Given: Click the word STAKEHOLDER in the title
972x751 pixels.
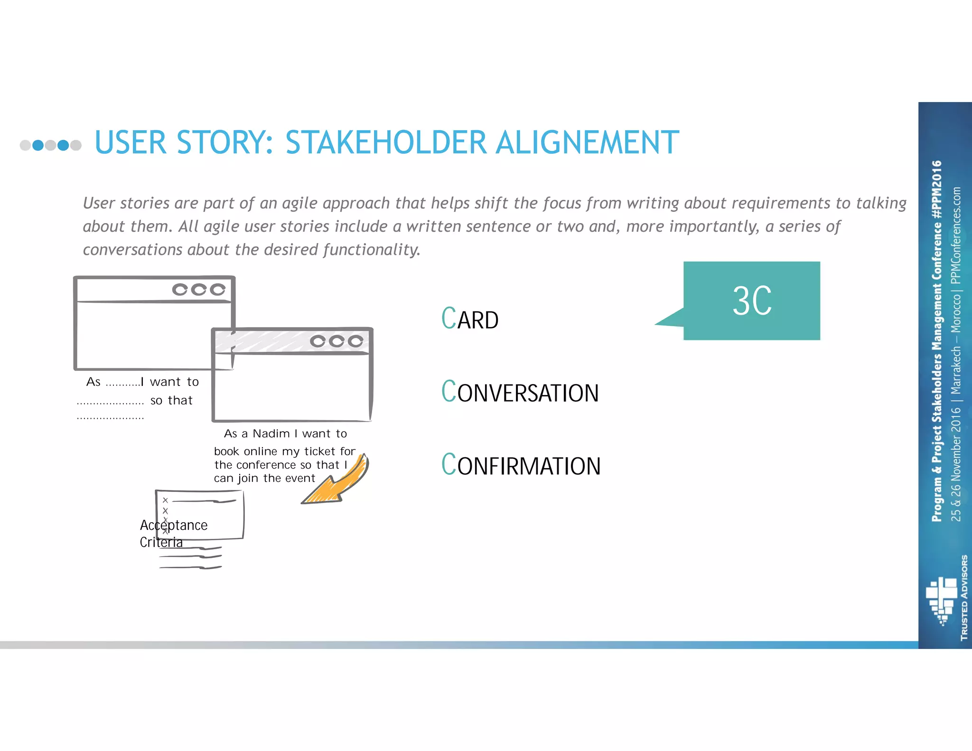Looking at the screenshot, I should (x=386, y=142).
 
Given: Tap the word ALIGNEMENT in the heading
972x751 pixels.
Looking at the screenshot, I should (x=587, y=142).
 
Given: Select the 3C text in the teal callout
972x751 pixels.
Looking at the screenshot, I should (x=752, y=301).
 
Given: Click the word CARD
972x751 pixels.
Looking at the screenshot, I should (x=470, y=319).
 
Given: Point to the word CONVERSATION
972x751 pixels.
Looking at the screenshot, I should (x=520, y=392).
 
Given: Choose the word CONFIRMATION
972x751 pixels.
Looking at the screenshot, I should (x=521, y=465).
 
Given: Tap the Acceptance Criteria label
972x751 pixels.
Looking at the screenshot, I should (x=173, y=533).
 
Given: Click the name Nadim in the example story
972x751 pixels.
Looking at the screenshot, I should (x=271, y=433).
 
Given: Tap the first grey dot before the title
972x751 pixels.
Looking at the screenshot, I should (x=25, y=145).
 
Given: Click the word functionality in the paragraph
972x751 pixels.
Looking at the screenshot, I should (x=371, y=250).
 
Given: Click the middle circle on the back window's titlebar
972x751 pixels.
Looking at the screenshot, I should (x=199, y=290).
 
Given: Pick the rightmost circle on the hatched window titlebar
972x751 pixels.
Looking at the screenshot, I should (x=355, y=341).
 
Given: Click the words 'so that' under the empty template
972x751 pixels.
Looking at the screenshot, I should (x=171, y=401).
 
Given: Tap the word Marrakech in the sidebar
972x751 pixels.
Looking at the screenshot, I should (x=955, y=370).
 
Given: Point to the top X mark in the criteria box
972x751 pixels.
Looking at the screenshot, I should (x=165, y=500).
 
